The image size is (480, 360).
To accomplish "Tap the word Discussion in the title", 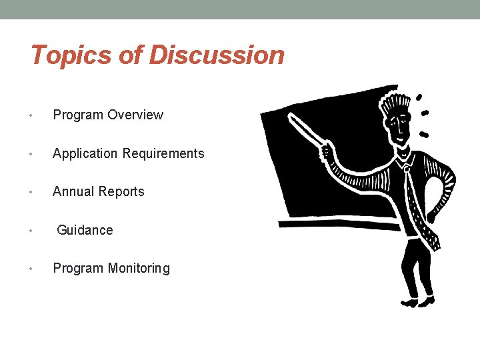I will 217,55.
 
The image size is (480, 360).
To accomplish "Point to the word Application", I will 85,154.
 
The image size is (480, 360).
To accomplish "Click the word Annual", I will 72,192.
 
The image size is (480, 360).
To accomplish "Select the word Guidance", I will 85,230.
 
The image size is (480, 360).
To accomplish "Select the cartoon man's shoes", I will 417,302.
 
